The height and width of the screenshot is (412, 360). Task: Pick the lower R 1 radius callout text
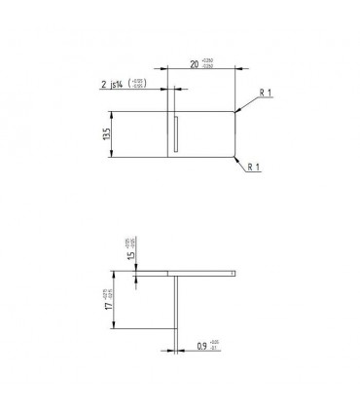253,168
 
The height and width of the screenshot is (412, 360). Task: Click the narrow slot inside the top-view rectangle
176,133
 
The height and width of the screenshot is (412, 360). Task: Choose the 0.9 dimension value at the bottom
201,344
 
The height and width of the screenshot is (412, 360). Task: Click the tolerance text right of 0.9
215,343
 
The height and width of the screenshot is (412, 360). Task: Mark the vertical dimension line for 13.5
113,132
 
